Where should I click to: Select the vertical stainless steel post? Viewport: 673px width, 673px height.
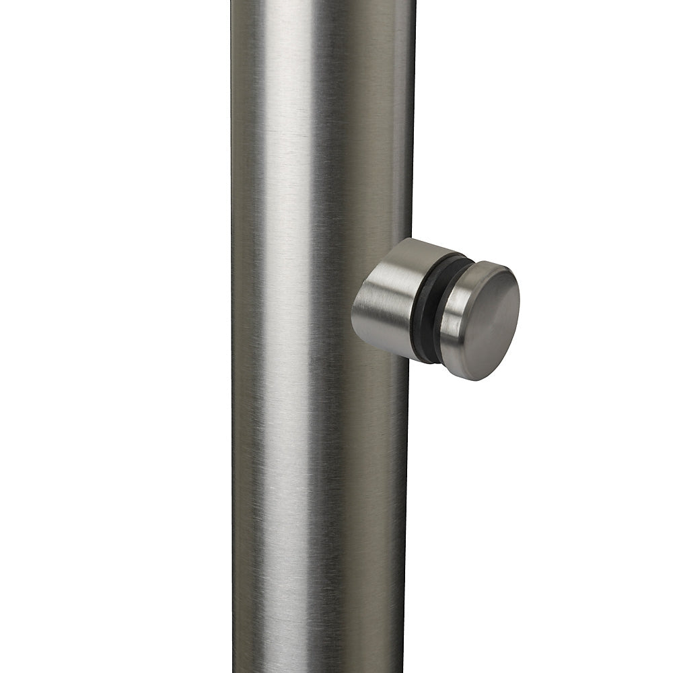316,471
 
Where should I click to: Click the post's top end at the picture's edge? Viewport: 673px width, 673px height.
323,3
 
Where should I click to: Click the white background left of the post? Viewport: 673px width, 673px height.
114,336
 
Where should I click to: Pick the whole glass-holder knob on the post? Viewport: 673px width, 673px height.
437,310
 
